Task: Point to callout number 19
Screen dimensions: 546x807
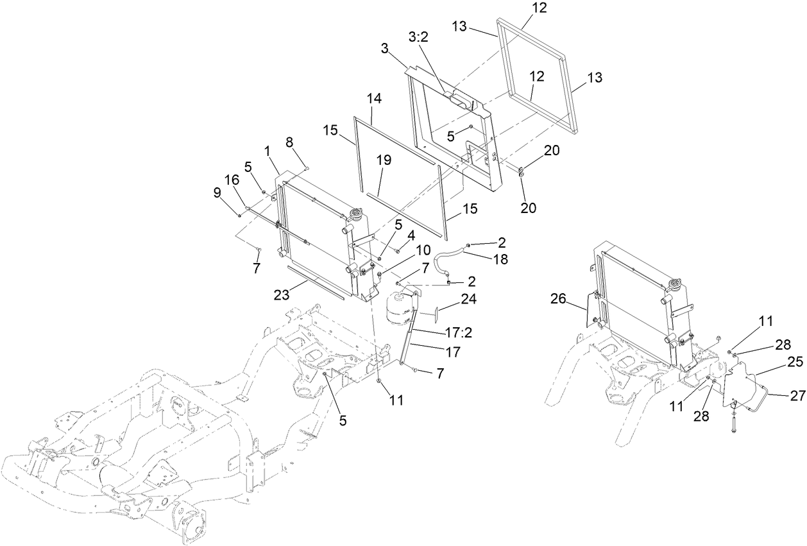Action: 384,161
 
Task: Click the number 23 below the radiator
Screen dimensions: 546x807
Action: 283,294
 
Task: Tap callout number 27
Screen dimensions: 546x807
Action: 796,397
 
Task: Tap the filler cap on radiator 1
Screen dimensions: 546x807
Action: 355,214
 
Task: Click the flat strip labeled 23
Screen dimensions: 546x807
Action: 315,283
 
